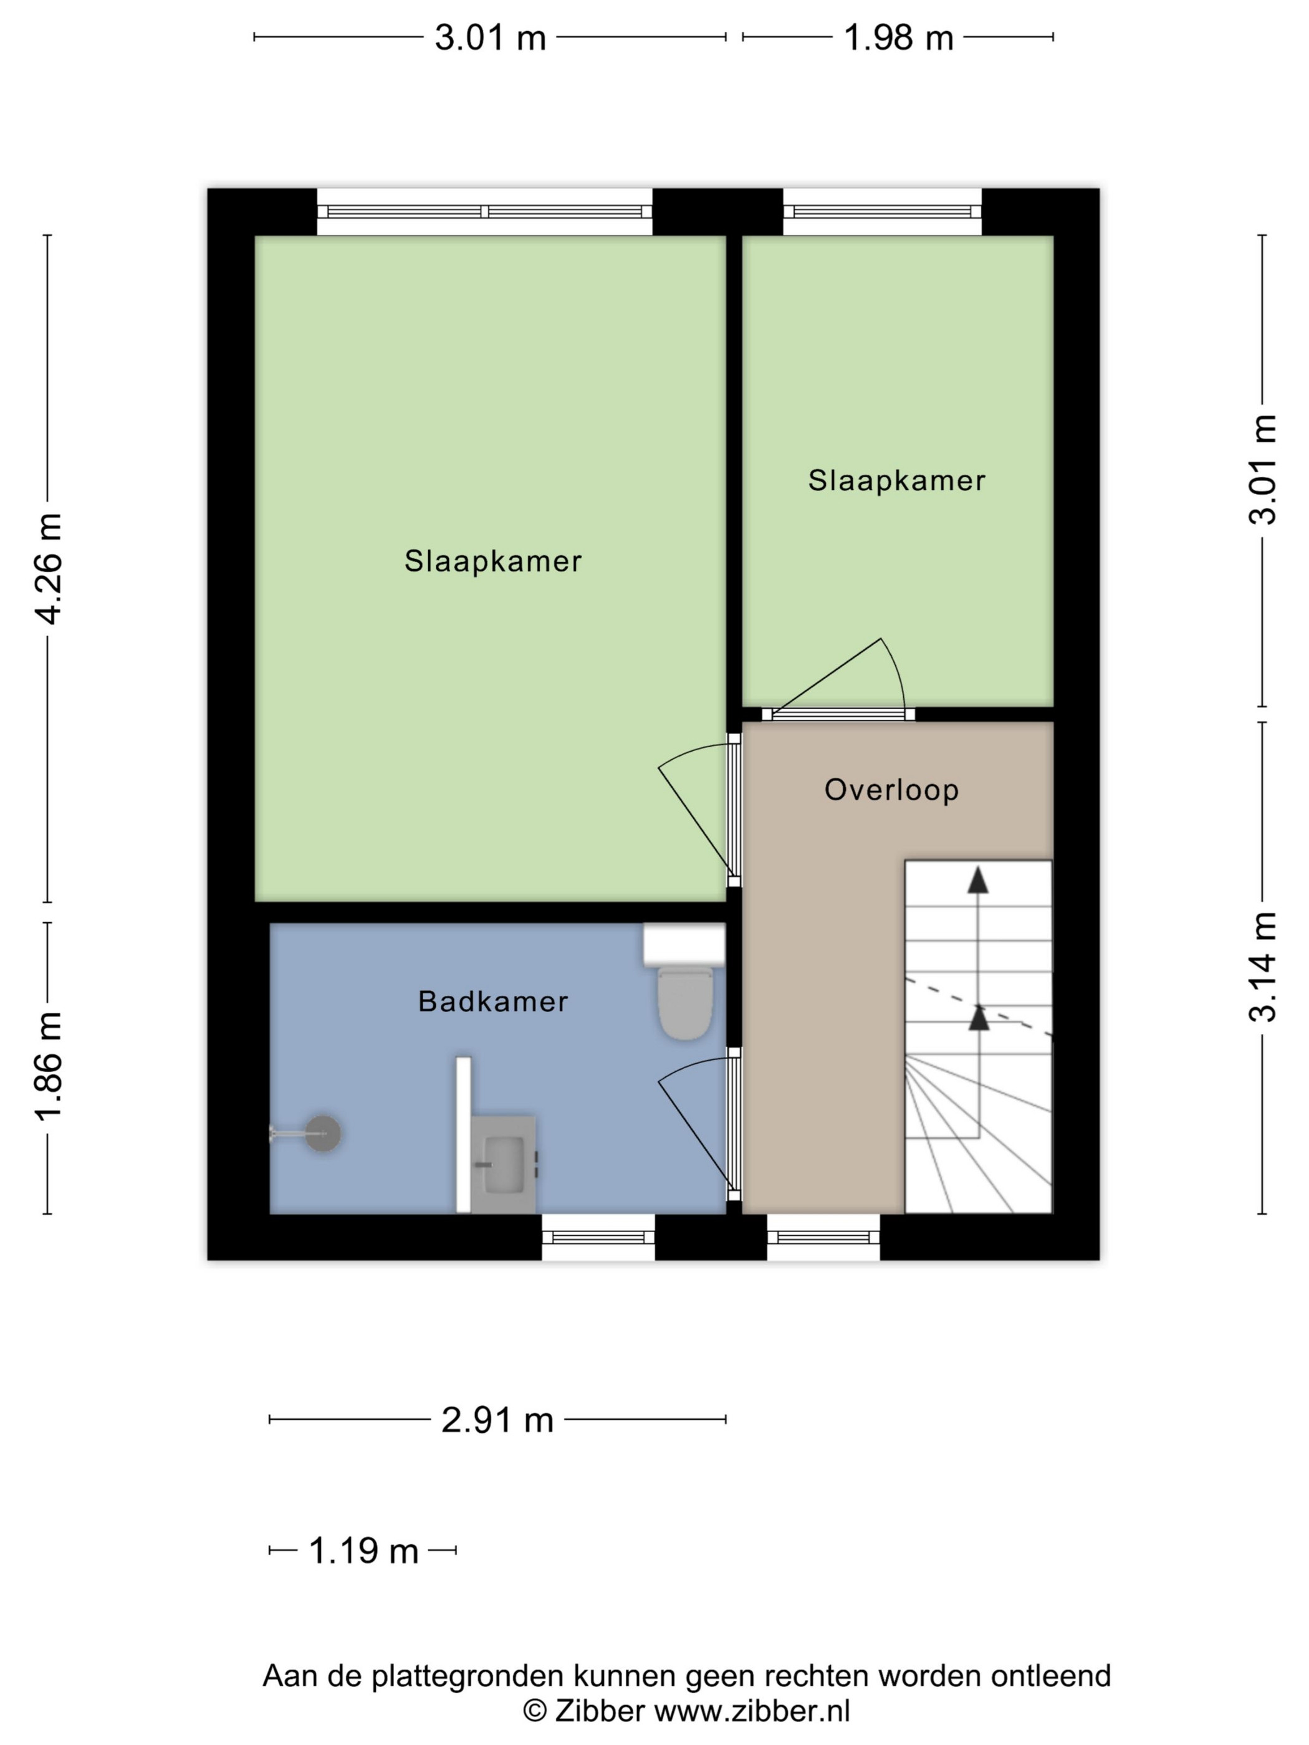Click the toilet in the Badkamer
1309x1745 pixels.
685,1003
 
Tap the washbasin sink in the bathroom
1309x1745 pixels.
504,1164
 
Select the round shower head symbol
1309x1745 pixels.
323,1134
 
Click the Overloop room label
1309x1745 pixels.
891,790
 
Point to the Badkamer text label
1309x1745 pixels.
493,1001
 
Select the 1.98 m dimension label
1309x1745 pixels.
898,37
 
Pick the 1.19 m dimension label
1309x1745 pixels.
363,1551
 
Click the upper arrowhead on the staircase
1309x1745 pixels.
979,879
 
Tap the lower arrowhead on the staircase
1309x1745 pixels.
979,1018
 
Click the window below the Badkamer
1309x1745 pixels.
598,1237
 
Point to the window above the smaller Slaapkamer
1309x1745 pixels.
882,211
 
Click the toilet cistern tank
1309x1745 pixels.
684,945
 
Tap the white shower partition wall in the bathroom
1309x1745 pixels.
464,1134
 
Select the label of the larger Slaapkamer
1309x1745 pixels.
493,561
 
